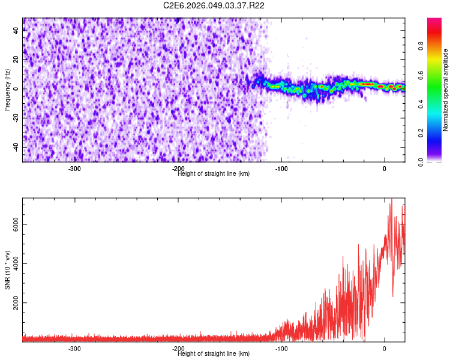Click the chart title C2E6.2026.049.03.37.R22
click(214, 5)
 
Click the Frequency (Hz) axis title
click(7, 89)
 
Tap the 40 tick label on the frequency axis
click(16, 31)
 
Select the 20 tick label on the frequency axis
click(16, 59)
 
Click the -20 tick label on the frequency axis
click(14, 118)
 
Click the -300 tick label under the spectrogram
click(74, 169)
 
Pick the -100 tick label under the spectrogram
click(281, 169)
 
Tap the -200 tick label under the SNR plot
click(178, 349)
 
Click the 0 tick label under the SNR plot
click(385, 349)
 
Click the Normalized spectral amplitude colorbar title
click(446, 90)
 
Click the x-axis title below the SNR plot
click(214, 353)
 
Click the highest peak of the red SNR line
click(391, 199)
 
